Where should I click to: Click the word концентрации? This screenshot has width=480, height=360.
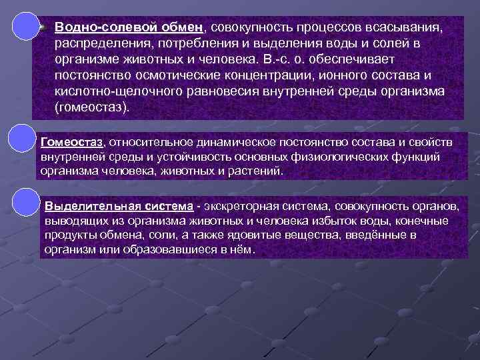(277, 75)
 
